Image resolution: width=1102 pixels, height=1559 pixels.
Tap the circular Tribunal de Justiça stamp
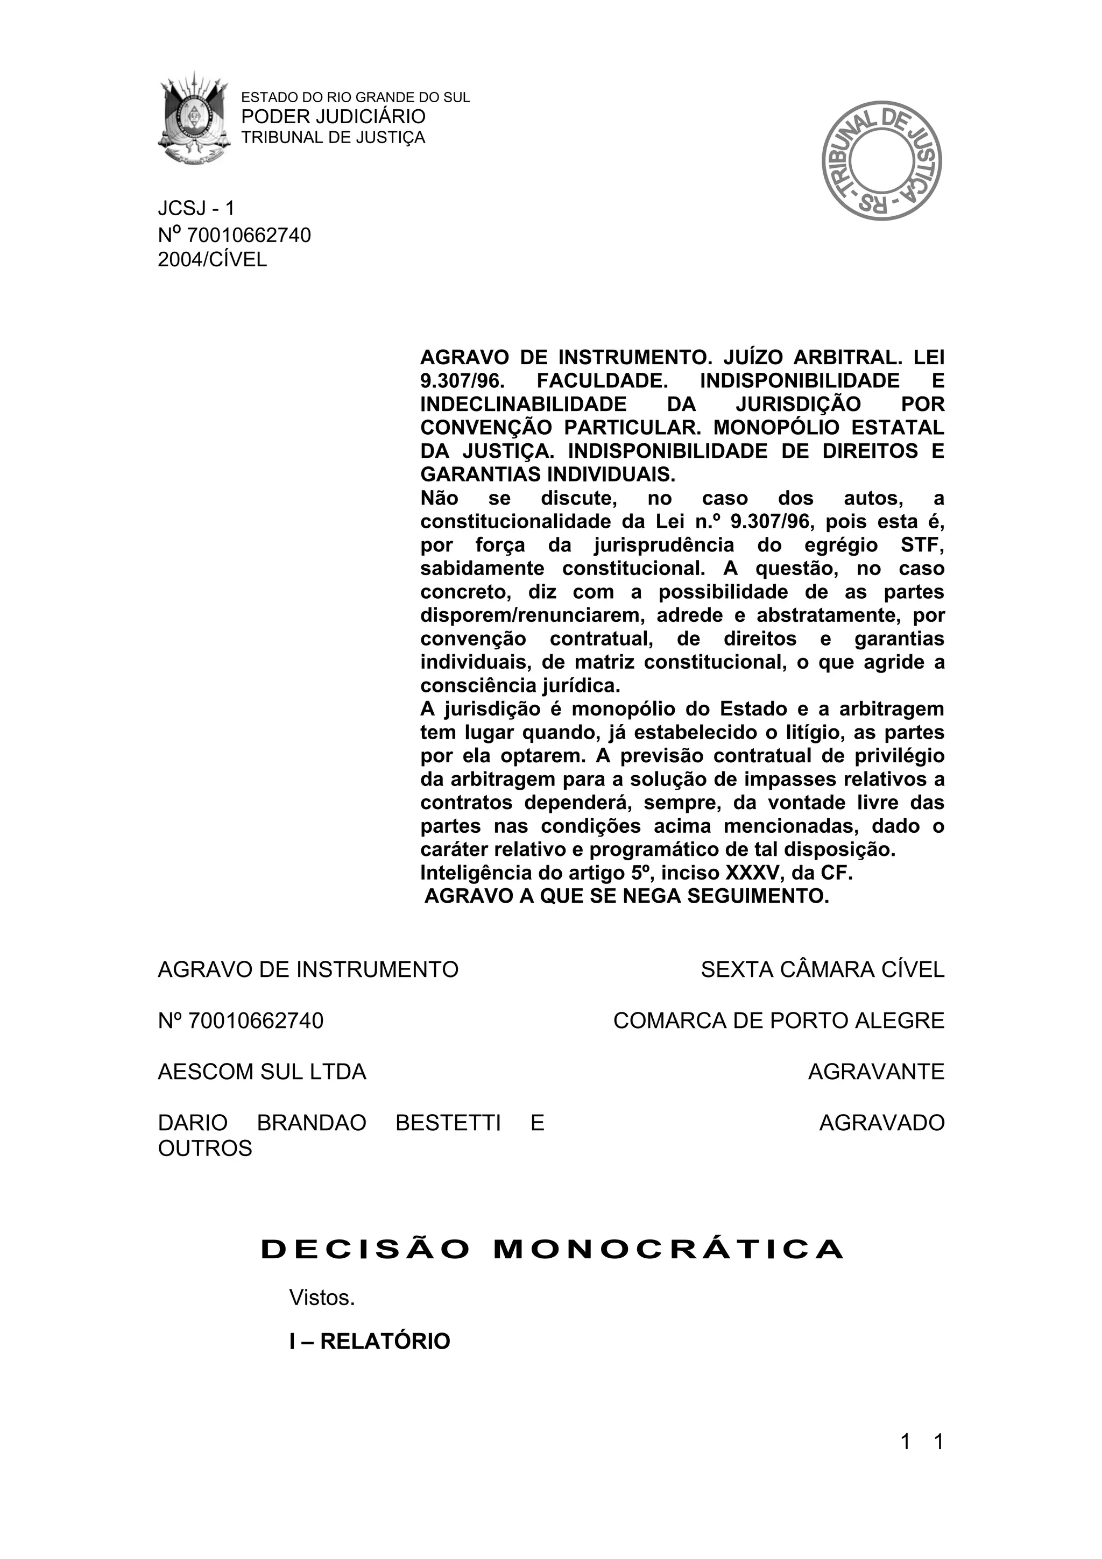881,160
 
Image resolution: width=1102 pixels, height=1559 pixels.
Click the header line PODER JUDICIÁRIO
334,117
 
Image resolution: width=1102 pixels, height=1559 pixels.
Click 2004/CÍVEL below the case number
213,259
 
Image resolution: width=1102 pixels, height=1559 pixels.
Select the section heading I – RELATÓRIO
369,1342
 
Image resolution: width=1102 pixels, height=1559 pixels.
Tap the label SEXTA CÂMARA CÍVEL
822,969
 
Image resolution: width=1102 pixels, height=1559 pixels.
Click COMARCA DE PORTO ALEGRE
779,1021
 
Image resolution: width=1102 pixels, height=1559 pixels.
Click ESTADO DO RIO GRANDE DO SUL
356,97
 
